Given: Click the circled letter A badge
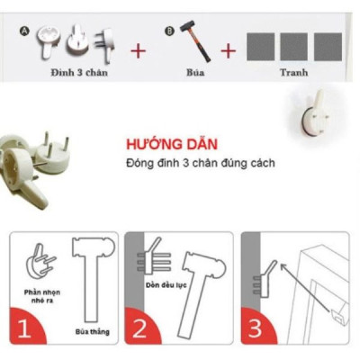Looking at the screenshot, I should click(25, 31).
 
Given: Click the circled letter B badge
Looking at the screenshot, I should click(168, 31).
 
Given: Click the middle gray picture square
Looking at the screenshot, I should click(294, 46).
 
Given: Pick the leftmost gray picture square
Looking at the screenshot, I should click(261, 46).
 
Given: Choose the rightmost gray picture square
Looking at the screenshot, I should click(328, 46).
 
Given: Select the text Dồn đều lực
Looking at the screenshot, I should click(159, 282).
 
